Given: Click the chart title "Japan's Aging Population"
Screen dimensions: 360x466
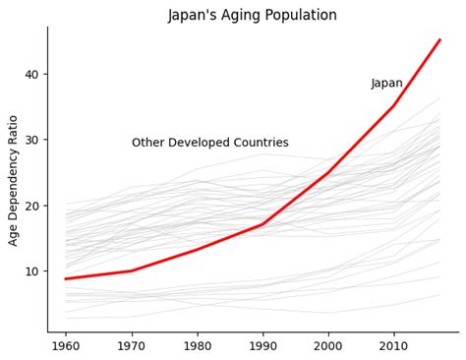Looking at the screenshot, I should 252,16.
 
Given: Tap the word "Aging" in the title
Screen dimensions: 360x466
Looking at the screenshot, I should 241,17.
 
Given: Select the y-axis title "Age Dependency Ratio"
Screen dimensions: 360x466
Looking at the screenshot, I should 14,180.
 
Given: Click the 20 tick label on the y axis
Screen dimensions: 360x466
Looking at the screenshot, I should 32,206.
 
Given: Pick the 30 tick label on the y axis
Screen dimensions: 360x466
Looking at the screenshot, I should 32,140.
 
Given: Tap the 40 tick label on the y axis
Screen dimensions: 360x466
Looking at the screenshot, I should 32,75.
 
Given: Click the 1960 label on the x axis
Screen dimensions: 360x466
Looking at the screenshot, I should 66,347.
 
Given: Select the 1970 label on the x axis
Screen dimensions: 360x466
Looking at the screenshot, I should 131,347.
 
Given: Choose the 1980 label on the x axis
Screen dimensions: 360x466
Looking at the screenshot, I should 197,347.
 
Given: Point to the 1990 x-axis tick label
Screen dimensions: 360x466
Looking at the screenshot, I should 262,347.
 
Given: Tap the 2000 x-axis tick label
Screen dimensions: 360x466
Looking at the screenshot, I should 328,347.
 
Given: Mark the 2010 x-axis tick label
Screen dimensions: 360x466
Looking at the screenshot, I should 393,347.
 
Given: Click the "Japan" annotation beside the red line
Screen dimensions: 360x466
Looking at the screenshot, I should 386,84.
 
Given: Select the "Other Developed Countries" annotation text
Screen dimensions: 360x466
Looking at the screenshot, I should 209,143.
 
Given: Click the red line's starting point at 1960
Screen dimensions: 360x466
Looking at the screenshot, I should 66,278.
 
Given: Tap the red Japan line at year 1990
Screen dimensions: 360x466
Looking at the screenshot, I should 262,224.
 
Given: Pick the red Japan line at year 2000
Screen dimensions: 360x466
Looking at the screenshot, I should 328,172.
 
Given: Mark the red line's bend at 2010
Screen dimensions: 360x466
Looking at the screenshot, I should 393,106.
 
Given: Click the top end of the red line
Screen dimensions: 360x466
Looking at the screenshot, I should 439,40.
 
